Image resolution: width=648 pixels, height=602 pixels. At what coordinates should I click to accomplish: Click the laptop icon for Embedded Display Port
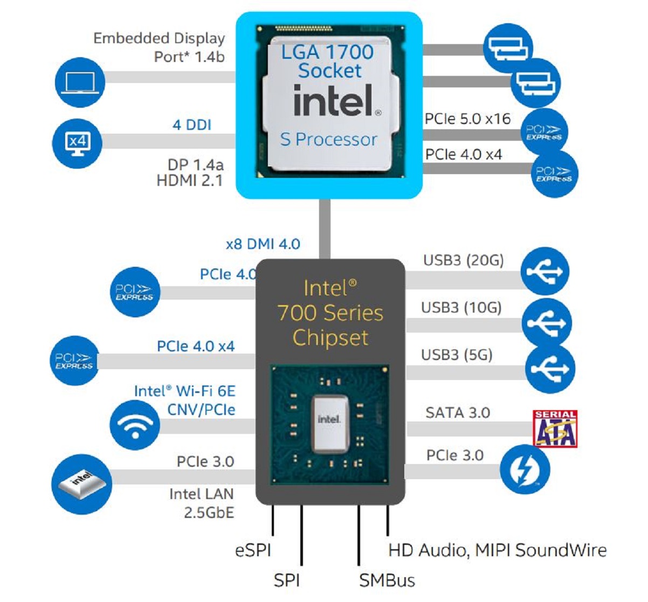[x=80, y=83]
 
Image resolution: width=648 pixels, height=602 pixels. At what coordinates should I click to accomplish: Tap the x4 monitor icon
[x=77, y=143]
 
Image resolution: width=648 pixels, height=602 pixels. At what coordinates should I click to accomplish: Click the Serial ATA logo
[x=555, y=429]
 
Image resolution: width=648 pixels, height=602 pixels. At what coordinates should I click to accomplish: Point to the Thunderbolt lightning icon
[x=525, y=469]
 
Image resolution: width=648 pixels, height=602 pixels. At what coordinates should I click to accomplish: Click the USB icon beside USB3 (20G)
[x=546, y=271]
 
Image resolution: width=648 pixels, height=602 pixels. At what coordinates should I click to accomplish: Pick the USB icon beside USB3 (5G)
[x=550, y=369]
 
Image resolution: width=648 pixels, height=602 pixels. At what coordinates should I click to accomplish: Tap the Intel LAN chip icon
[x=81, y=481]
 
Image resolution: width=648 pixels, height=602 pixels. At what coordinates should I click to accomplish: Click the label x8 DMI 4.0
[x=263, y=244]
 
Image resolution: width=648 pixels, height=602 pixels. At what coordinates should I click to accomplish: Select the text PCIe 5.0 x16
[x=467, y=119]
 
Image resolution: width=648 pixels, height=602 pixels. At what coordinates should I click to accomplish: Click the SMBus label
[x=387, y=581]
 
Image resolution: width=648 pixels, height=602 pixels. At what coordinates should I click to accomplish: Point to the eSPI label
[x=253, y=551]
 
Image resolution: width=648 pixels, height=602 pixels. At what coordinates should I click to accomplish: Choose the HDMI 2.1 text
[x=190, y=181]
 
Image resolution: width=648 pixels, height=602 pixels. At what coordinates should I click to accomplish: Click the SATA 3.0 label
[x=458, y=413]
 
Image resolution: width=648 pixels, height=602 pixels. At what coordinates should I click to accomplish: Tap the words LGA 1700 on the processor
[x=327, y=52]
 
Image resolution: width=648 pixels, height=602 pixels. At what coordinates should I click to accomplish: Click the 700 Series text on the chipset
[x=330, y=313]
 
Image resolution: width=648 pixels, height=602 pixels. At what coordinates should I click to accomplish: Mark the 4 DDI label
[x=192, y=125]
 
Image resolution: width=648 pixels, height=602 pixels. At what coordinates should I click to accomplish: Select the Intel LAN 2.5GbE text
[x=202, y=503]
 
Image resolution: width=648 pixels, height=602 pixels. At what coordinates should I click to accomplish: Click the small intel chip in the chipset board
[x=329, y=419]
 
